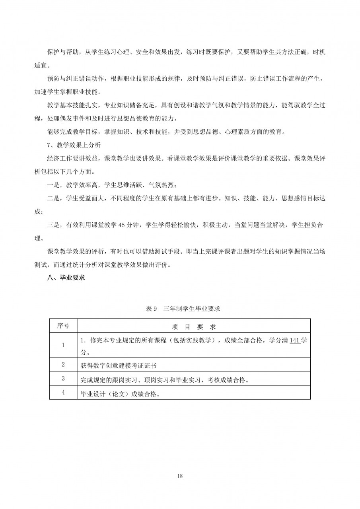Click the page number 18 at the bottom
[x=180, y=476]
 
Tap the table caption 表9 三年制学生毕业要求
[x=180, y=309]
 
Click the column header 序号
[x=63, y=326]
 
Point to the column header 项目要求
[x=194, y=327]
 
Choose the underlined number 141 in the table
[x=295, y=341]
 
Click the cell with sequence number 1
[x=63, y=345]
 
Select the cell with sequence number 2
[x=63, y=364]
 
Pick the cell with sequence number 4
[x=63, y=392]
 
